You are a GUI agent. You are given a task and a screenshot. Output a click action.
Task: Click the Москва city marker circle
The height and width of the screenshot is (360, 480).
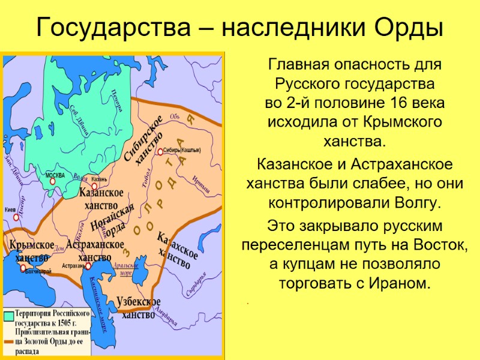pyautogui.click(x=53, y=181)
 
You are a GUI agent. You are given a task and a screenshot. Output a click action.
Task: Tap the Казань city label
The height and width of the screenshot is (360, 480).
pyautogui.click(x=99, y=179)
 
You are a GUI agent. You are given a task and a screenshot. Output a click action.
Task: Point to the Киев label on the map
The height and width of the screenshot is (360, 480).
pyautogui.click(x=10, y=210)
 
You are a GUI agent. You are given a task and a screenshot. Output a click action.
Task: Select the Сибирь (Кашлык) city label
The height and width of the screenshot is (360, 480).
pyautogui.click(x=181, y=149)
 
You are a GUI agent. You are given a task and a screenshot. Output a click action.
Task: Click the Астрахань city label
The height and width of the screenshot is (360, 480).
pyautogui.click(x=73, y=265)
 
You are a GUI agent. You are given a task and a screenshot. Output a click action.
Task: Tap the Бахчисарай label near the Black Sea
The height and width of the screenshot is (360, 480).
pyautogui.click(x=37, y=272)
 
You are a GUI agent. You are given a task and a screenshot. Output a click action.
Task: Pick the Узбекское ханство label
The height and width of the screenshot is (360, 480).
pyautogui.click(x=139, y=307)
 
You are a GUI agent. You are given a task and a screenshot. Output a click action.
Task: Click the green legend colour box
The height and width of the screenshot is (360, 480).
pyautogui.click(x=10, y=317)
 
